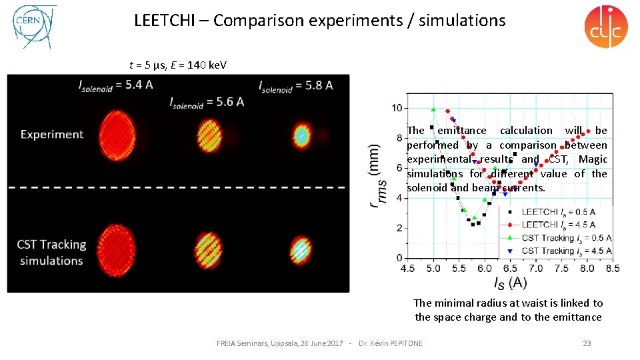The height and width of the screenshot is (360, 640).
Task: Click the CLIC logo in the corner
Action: (x=605, y=27)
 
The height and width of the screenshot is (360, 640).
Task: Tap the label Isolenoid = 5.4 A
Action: (x=116, y=85)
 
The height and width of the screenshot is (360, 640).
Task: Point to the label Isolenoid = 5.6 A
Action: (x=207, y=101)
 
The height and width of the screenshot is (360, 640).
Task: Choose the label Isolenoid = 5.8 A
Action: (x=295, y=85)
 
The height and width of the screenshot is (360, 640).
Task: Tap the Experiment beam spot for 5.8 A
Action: (x=301, y=136)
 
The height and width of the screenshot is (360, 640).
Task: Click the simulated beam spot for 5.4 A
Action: (x=116, y=246)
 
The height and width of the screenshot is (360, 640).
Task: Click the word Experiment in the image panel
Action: (x=52, y=134)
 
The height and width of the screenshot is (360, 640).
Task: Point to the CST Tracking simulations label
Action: (x=51, y=252)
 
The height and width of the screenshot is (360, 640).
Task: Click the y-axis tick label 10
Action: (x=397, y=108)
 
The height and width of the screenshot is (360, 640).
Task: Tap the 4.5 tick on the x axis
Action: (x=407, y=269)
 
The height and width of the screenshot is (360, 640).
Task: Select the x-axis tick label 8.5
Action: (x=612, y=269)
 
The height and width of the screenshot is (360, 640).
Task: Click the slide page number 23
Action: (x=587, y=343)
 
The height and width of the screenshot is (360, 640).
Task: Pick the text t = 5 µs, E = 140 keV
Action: (x=177, y=65)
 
